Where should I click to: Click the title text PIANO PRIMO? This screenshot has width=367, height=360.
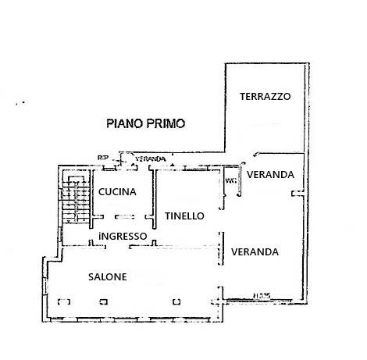(x=146, y=123)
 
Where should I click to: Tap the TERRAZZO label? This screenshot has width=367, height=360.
(x=265, y=97)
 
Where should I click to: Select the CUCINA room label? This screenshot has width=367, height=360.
(x=117, y=192)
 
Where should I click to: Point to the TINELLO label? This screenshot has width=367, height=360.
(x=184, y=216)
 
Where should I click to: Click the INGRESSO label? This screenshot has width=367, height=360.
(x=123, y=236)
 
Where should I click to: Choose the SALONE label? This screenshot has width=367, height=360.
(x=107, y=276)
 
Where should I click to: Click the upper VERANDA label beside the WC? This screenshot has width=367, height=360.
(x=270, y=174)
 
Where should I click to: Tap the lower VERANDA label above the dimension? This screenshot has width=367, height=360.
(x=255, y=252)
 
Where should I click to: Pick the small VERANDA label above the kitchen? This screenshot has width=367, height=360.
(x=151, y=159)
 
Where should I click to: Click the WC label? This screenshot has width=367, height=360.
(x=230, y=181)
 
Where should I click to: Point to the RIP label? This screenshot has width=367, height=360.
(x=102, y=159)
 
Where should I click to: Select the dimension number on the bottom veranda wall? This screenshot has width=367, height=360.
(x=260, y=294)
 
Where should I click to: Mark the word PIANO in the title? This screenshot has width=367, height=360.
(x=124, y=123)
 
